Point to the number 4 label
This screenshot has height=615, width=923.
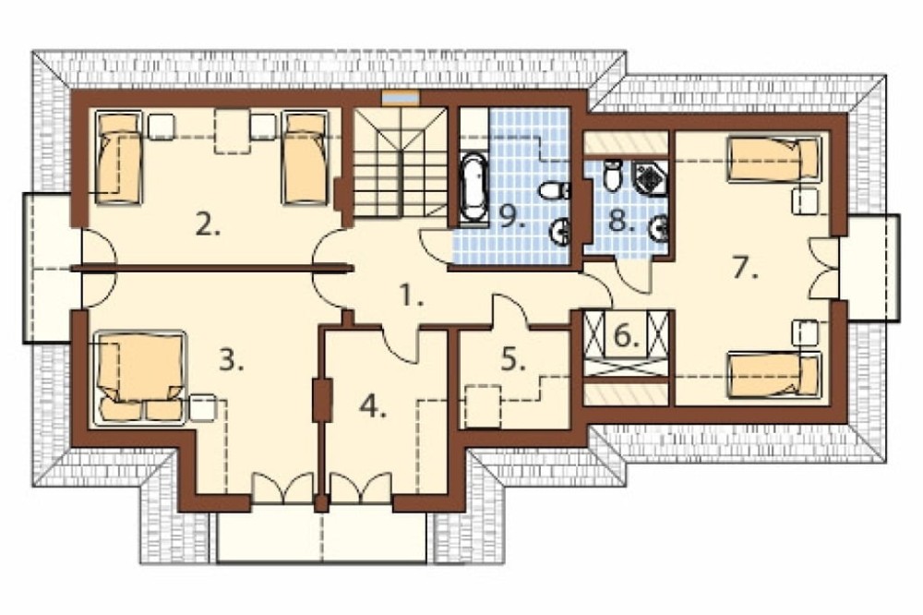373,406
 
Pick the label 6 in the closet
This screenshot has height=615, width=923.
626,336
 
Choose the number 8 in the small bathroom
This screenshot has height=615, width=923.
621,221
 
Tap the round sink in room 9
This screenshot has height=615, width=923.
560,231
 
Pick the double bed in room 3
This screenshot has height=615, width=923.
139,377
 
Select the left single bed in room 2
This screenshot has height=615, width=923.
119,158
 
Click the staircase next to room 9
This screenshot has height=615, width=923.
401,163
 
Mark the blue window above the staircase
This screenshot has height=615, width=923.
401,96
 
